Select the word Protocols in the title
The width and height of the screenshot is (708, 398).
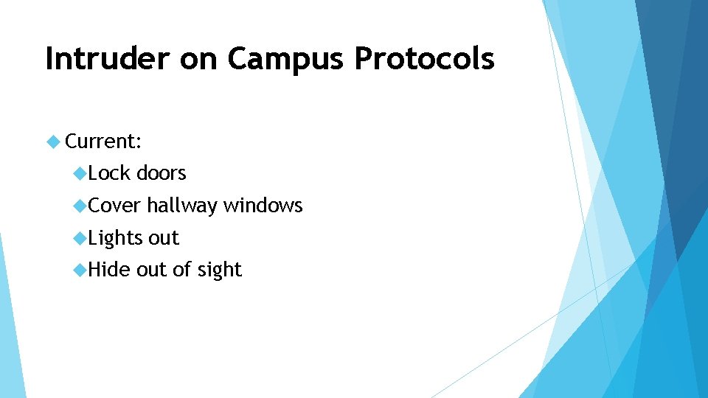tap(424, 59)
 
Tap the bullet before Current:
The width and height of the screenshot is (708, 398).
tap(52, 140)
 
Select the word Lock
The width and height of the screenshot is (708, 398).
tap(109, 173)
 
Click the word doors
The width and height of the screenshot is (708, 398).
tap(162, 173)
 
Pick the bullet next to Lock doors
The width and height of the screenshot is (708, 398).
tap(80, 173)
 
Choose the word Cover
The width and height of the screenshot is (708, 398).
tap(114, 206)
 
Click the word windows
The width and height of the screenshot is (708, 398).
tap(263, 206)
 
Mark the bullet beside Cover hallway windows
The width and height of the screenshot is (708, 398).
tap(80, 206)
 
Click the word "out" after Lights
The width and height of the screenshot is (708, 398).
tap(164, 239)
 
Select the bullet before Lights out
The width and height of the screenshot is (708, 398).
tap(80, 238)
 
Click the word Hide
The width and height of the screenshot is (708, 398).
tap(109, 270)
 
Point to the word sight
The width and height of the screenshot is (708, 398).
tap(220, 270)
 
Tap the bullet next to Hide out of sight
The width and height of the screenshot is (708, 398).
tap(80, 270)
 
